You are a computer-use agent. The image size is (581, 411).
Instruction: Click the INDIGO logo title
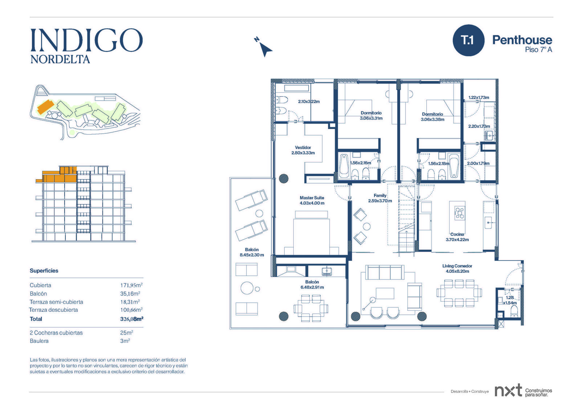(x=87, y=40)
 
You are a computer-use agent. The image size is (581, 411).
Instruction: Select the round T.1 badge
(x=468, y=40)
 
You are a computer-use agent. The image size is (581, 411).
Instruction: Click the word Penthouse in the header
(x=522, y=40)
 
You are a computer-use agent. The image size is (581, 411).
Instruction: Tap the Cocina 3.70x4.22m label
(x=457, y=237)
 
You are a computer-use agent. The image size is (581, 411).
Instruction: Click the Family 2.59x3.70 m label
(x=380, y=198)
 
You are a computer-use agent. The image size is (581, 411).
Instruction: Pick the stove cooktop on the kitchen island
(x=460, y=212)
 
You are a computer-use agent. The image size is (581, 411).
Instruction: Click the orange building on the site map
(x=46, y=107)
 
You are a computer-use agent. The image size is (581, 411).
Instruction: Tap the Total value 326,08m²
(x=132, y=319)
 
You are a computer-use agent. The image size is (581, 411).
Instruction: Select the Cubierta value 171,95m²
(x=131, y=285)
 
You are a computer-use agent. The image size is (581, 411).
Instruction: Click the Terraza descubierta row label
(x=53, y=310)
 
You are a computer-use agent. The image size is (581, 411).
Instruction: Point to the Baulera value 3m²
(x=125, y=341)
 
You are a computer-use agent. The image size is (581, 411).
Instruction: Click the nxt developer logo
(x=508, y=390)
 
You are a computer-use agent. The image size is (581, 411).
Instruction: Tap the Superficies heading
(x=44, y=270)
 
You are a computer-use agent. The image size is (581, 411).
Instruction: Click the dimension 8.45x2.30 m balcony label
(x=252, y=255)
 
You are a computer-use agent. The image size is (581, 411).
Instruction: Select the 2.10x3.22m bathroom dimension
(x=309, y=101)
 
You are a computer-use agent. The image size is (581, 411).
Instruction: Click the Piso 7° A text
(x=539, y=49)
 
